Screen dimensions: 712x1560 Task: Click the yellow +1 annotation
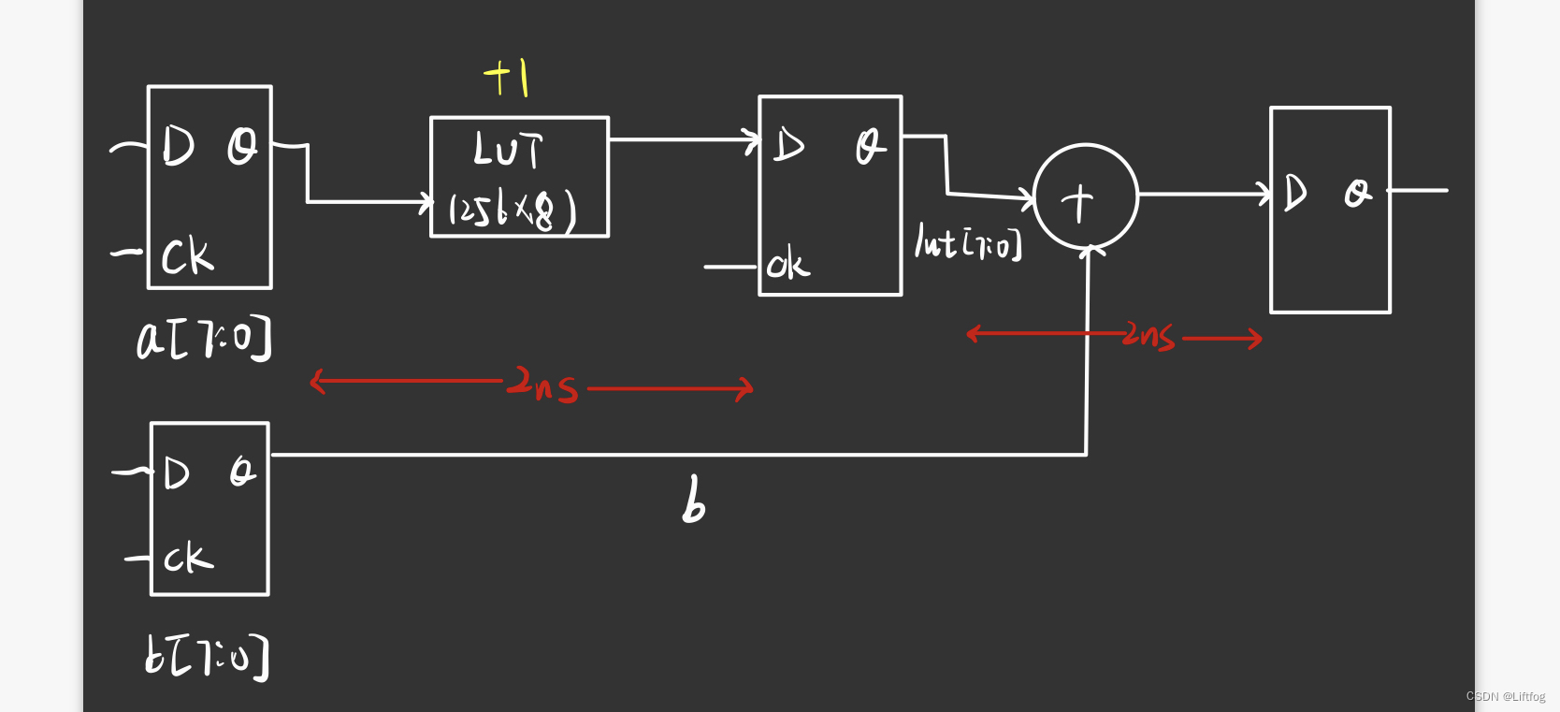[x=507, y=77]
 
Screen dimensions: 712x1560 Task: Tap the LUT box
[x=519, y=176]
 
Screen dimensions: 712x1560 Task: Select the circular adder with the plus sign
[x=1085, y=196]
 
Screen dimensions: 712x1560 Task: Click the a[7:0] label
[x=204, y=339]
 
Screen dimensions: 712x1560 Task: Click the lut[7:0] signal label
[x=968, y=242]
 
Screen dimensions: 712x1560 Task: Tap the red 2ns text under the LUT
[x=542, y=384]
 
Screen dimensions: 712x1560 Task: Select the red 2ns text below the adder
[x=1148, y=336]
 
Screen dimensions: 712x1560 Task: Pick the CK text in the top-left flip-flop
[x=187, y=256]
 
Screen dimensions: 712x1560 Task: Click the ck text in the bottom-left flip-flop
[x=188, y=558]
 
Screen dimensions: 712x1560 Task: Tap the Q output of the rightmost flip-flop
[x=1358, y=194]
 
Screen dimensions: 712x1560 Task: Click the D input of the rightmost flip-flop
[x=1295, y=194]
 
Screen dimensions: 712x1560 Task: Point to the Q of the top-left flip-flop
[x=242, y=147]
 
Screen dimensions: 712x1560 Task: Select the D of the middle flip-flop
[x=788, y=146]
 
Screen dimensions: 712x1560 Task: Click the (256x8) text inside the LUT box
[x=513, y=211]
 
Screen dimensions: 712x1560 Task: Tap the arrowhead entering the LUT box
[x=426, y=201]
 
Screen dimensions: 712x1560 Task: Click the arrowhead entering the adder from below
[x=1089, y=251]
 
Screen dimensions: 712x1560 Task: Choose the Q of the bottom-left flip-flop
[x=242, y=472]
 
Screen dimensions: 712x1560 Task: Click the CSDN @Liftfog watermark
[x=1505, y=697]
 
